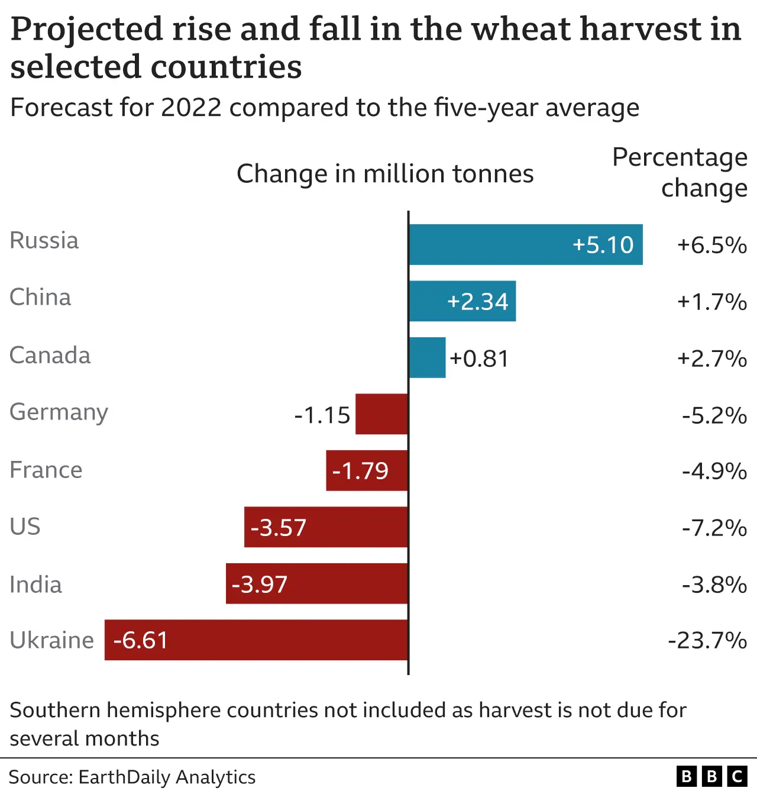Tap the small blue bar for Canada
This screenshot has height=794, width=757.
coord(428,358)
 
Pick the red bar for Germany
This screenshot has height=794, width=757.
coord(381,414)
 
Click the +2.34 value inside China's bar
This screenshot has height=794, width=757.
coord(477,302)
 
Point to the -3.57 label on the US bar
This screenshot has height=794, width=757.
coord(279,528)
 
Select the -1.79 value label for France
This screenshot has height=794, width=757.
coord(360,471)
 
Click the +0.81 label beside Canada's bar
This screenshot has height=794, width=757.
coord(479,359)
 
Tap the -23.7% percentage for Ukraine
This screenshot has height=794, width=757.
coord(707,640)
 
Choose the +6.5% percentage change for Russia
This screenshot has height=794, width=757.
coord(711,245)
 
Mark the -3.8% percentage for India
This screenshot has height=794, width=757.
coord(714,585)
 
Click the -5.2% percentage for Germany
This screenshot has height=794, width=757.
coord(714,415)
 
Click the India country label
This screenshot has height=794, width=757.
coord(35,585)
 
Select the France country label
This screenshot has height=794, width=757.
coord(46,470)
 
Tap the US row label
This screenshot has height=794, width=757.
coord(25,527)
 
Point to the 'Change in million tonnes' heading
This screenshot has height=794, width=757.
coord(385,174)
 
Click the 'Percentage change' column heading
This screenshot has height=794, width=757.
coord(680,172)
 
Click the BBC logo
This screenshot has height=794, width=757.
coord(711,776)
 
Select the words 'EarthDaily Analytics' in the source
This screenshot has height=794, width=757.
coord(167,777)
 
